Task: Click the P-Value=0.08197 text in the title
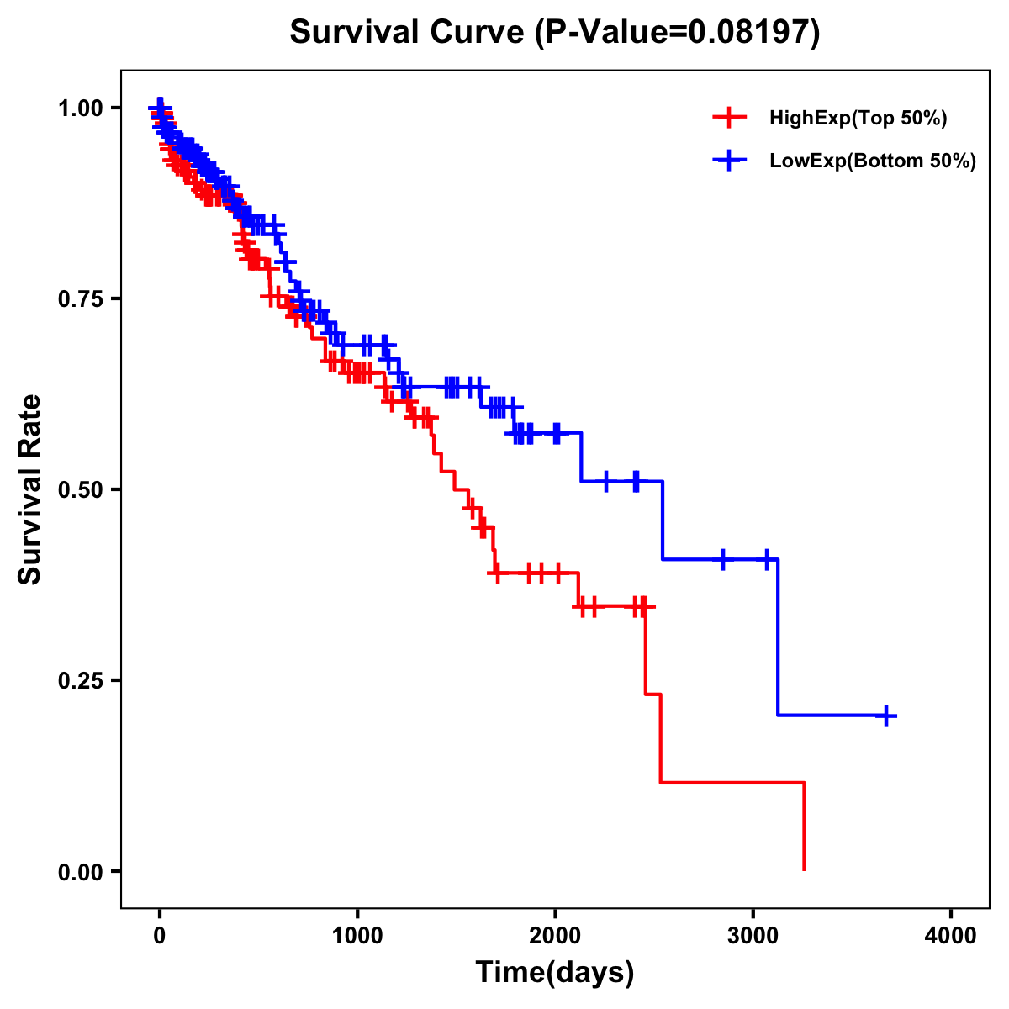coord(678,33)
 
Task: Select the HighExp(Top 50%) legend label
coord(858,118)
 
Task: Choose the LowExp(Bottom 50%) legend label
coord(873,161)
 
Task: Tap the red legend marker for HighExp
coord(729,118)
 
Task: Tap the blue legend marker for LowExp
coord(729,161)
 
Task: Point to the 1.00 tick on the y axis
coord(80,108)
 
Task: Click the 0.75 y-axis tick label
coord(80,298)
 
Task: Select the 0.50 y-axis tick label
coord(80,489)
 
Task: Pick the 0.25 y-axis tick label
coord(80,680)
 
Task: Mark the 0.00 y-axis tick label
coord(80,871)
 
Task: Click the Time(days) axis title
coord(555,973)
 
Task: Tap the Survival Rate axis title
coord(31,489)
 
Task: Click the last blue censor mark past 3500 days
coord(886,716)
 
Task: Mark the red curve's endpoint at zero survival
coord(805,869)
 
